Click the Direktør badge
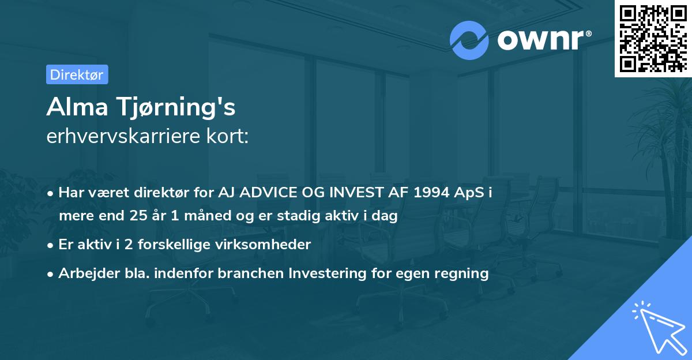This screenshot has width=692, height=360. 77,74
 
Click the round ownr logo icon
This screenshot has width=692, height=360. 469,40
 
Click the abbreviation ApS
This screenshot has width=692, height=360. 468,192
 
